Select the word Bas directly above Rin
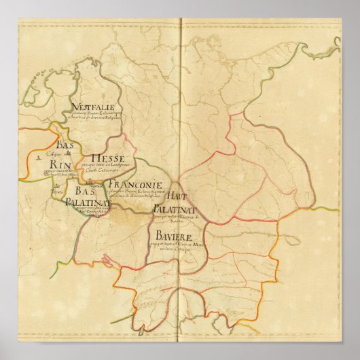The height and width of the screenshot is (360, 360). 65,146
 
